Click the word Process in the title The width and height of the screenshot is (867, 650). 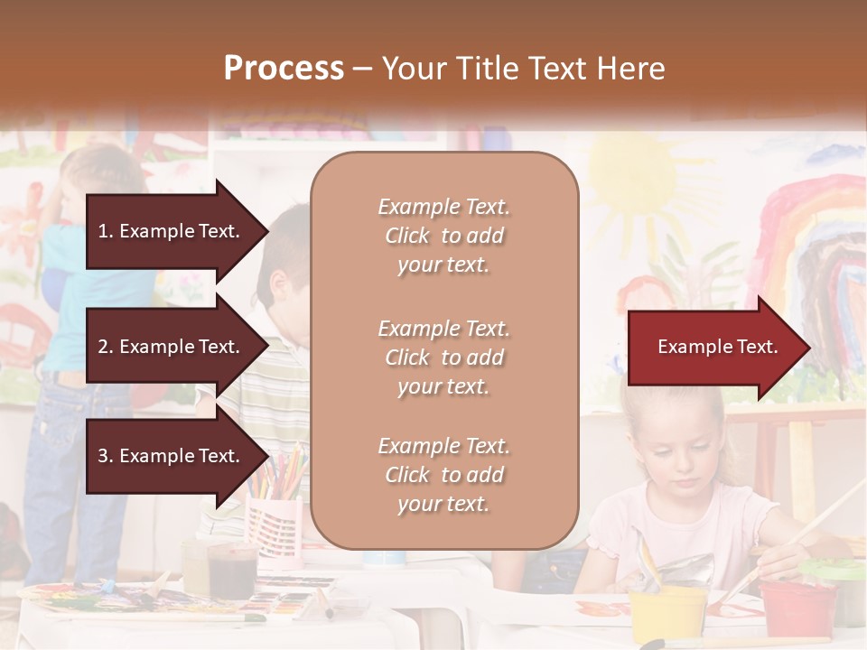pos(284,69)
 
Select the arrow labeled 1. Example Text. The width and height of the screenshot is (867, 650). pos(172,231)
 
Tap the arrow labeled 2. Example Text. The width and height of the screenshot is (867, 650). pos(172,347)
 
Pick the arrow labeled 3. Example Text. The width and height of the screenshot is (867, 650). pos(172,456)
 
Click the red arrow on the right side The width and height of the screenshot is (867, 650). pos(718,348)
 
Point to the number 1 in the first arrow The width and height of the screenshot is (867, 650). pos(103,231)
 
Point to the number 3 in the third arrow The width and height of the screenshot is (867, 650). pos(103,456)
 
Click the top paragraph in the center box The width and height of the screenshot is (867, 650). pos(443,236)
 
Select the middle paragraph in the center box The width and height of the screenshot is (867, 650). pos(443,357)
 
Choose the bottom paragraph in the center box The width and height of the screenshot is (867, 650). pos(443,475)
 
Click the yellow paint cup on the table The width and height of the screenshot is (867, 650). pos(667,614)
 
